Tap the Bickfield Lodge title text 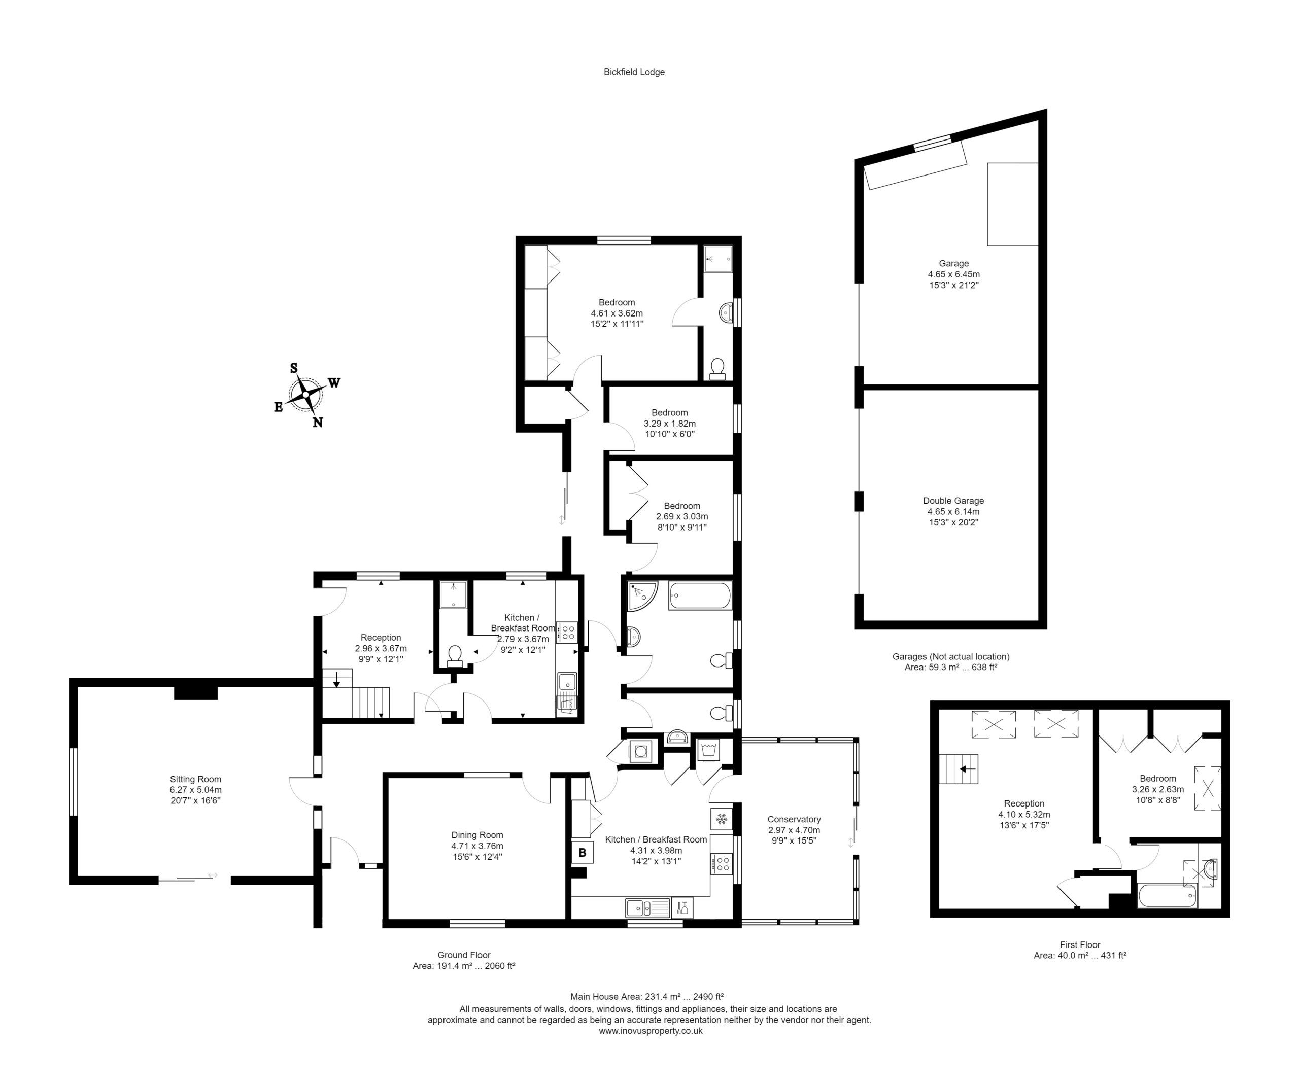click(634, 72)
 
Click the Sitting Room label click(195, 779)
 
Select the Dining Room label click(477, 835)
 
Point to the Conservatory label click(794, 819)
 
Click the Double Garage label click(953, 501)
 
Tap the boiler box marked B click(582, 853)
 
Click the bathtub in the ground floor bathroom click(700, 596)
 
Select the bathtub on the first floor click(1167, 896)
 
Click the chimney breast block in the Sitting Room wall click(195, 691)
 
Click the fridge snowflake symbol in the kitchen click(721, 820)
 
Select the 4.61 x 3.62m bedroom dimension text click(617, 313)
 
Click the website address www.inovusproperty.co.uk click(651, 1031)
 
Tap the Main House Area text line click(647, 996)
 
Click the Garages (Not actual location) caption click(951, 657)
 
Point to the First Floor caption click(1080, 945)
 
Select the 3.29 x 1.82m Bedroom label click(670, 424)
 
